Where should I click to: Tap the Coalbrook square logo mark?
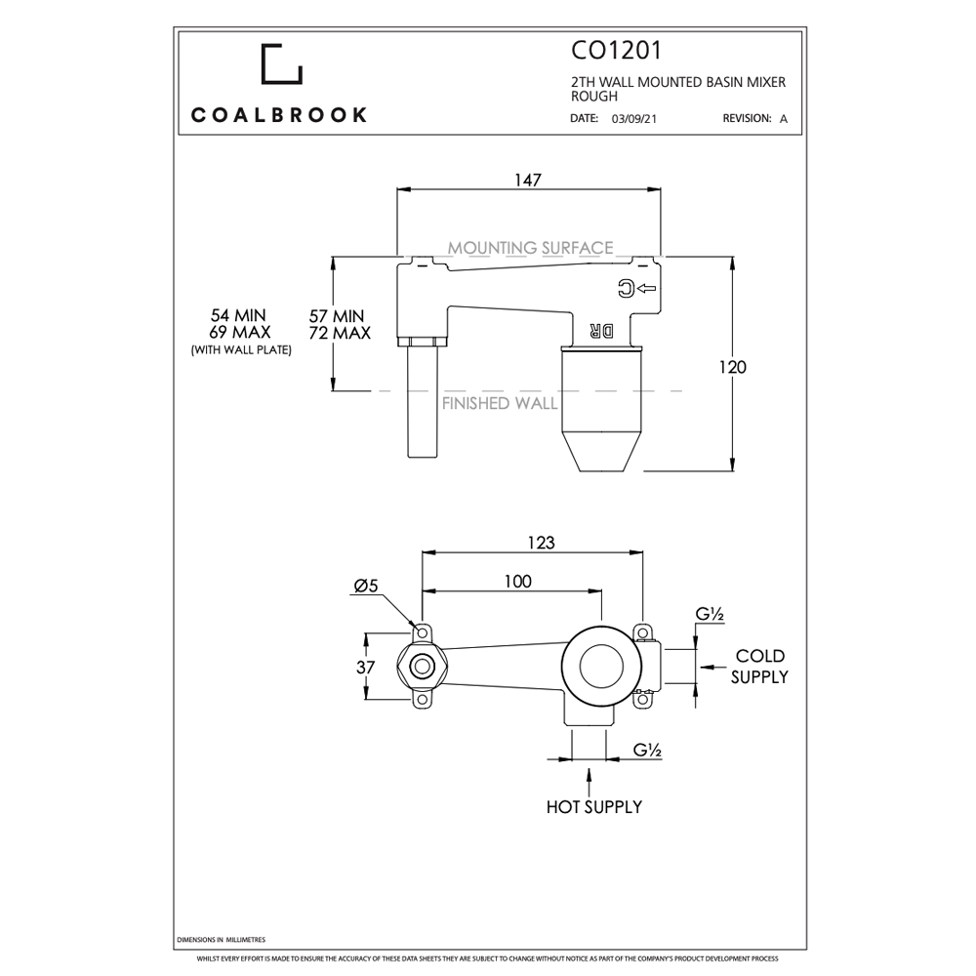[x=281, y=63]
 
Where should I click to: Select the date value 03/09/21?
[x=631, y=119]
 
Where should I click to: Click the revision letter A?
[x=783, y=119]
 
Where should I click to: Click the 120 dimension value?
[x=732, y=367]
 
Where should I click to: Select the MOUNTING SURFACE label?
[x=530, y=248]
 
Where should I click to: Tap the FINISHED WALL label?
[x=500, y=403]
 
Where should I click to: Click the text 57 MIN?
[x=337, y=316]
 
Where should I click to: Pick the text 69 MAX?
[x=238, y=333]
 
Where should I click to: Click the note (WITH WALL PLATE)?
[x=241, y=349]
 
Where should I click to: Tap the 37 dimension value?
[x=366, y=668]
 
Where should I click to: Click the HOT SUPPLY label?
[x=593, y=807]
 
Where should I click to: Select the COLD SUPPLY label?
[x=759, y=666]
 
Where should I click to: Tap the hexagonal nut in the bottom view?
[x=422, y=668]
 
